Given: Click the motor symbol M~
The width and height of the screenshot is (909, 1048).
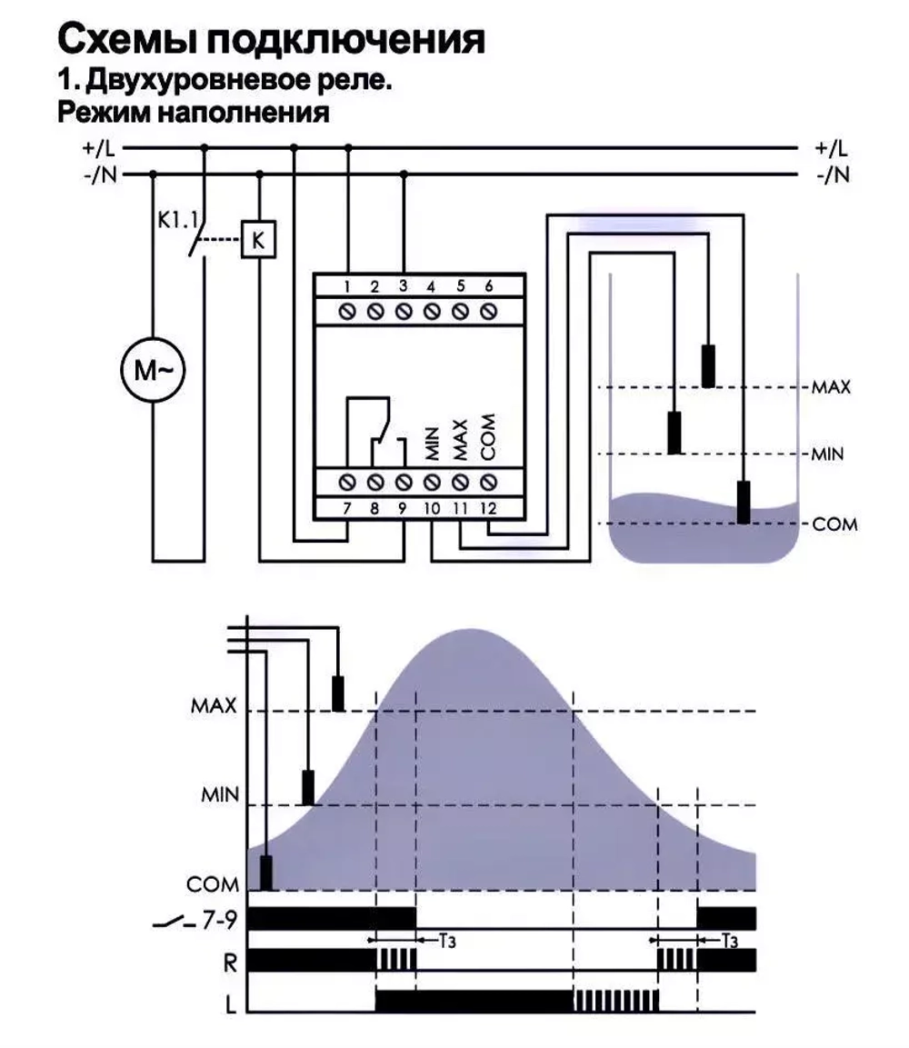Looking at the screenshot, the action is point(153,370).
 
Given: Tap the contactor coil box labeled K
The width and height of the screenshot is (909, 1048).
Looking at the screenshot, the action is point(258,239).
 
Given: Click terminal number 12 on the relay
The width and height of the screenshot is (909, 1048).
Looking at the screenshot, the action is point(488,508).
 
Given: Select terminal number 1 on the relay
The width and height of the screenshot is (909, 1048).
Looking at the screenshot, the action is point(347,286).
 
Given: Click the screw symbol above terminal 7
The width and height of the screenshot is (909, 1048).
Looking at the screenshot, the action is point(347,481).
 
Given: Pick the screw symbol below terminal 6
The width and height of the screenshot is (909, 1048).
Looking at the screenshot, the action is point(489,311).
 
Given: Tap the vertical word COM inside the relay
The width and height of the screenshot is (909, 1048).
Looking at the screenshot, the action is point(488,437).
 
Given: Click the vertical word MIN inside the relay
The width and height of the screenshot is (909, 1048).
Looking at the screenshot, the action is point(432,444).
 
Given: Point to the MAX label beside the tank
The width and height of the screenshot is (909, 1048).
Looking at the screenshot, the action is point(831,387).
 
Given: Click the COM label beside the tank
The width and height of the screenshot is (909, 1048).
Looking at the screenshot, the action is point(834,524).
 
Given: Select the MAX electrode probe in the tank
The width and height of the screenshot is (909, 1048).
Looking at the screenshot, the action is point(708,365).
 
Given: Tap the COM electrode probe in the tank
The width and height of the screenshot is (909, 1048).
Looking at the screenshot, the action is point(744,502).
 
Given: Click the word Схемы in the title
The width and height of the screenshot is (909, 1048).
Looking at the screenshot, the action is point(126,39).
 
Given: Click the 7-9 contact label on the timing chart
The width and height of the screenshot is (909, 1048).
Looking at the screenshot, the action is point(219,921).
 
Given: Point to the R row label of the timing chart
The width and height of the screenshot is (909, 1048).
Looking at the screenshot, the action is point(230,963).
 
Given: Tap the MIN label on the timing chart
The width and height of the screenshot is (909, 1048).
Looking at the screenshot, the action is point(220,794).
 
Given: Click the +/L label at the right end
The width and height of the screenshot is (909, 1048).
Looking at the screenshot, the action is point(831,148).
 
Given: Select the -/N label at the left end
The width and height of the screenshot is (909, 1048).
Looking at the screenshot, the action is point(100,175).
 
